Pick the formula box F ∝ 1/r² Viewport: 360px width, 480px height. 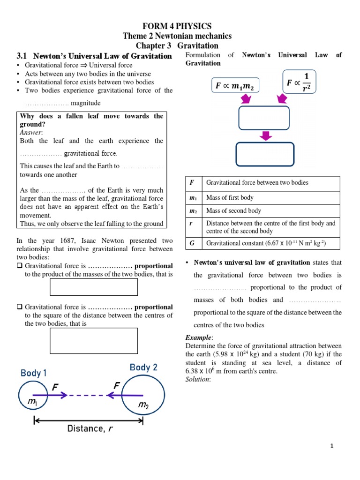[x=299, y=82]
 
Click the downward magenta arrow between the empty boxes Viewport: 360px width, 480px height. [x=266, y=135]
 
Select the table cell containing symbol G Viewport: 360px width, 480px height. [x=191, y=243]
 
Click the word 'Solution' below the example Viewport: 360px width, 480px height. [x=197, y=379]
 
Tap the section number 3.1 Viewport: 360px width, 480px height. [x=23, y=56]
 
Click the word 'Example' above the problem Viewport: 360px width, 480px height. [x=198, y=337]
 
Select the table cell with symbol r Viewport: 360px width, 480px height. [x=191, y=227]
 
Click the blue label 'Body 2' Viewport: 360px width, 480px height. [x=143, y=367]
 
